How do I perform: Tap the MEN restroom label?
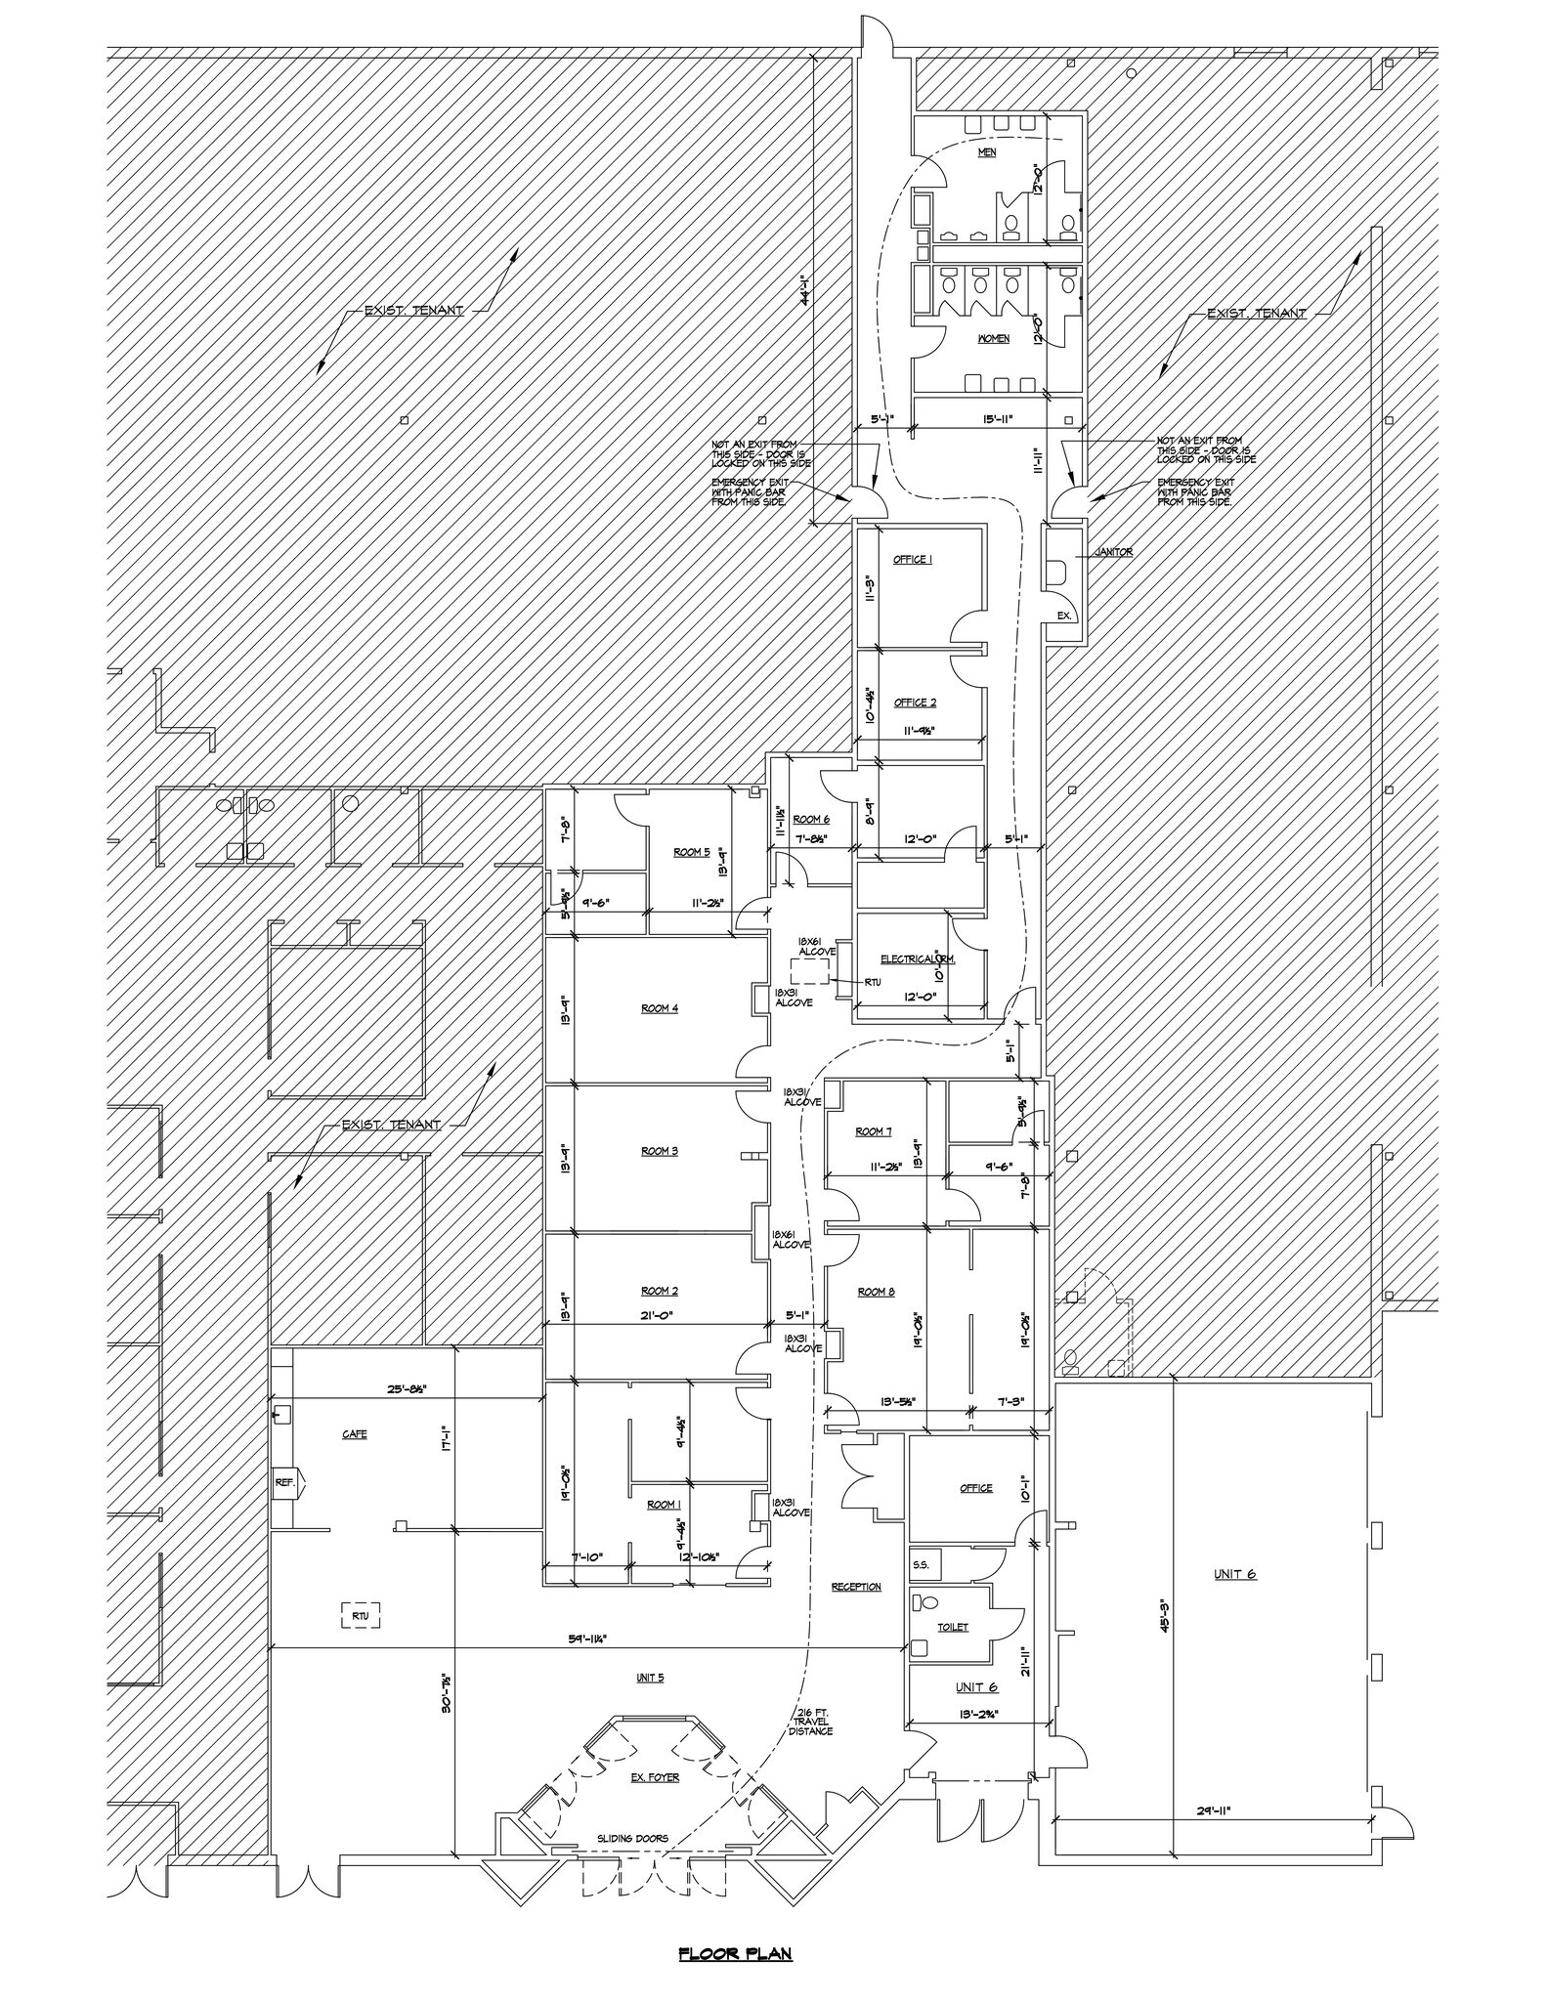[987, 153]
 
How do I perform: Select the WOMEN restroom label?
[994, 339]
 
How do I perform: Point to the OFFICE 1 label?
[913, 560]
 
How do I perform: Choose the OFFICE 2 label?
[915, 702]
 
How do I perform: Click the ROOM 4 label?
[660, 1008]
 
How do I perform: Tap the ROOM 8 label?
[876, 1292]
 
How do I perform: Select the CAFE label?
[355, 1434]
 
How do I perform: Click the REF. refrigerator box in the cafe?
[285, 1482]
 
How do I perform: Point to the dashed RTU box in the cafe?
[360, 1616]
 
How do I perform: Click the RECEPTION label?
[856, 1587]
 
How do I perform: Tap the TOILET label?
[953, 1627]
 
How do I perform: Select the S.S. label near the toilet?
[922, 1564]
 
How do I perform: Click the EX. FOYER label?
[655, 1777]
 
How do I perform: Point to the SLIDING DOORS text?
[633, 1839]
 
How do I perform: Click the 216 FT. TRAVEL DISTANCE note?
[810, 1722]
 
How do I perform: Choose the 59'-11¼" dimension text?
[583, 1640]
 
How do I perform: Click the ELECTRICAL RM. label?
[918, 959]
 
